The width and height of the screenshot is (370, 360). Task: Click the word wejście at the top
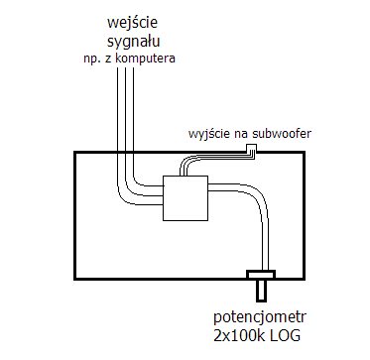[133, 24]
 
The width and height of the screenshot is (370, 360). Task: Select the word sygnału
[134, 42]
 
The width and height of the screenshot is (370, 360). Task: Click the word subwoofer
[281, 134]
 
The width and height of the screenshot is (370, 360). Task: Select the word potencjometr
[260, 318]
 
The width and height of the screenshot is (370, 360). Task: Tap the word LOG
[286, 336]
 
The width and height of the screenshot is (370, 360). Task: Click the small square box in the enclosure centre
[185, 197]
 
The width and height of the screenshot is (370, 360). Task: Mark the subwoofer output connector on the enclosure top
[252, 148]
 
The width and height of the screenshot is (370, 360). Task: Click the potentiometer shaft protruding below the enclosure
[261, 291]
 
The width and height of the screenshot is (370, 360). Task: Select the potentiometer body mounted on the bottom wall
[261, 275]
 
